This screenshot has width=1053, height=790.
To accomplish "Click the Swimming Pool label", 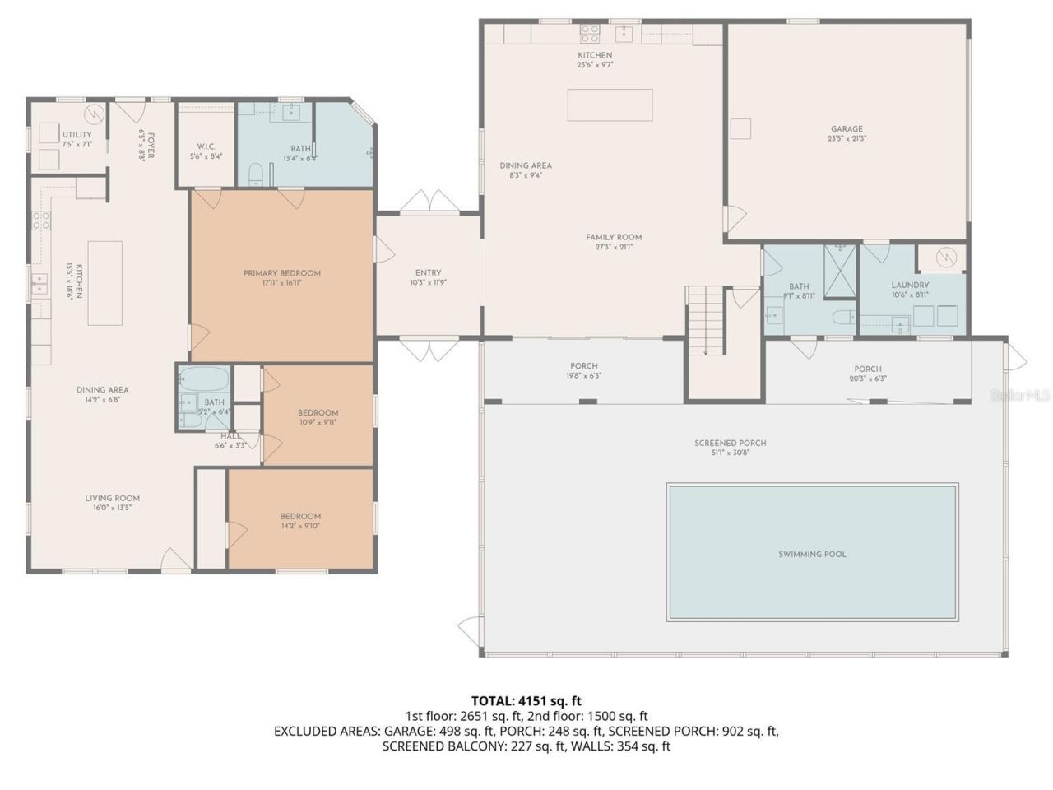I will pos(812,554).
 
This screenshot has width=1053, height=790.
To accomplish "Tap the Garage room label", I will pos(847,128).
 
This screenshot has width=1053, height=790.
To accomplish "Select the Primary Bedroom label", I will pos(281,273).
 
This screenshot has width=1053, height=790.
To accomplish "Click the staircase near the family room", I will pos(705,320).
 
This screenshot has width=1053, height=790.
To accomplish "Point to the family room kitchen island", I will pos(610,105).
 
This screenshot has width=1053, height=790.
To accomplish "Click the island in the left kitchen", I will pos(105,282).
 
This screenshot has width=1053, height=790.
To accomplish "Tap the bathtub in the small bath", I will pos(202,380).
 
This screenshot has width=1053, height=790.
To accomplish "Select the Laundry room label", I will pos(910,286).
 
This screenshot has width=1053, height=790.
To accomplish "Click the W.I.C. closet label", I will pos(206,146).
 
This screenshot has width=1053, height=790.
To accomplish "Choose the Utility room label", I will pos(77,135).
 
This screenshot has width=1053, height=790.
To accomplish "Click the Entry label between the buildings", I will pos(428,273).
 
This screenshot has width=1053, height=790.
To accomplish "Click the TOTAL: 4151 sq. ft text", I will pos(526,701).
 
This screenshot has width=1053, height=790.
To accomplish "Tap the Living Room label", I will pos(112,498).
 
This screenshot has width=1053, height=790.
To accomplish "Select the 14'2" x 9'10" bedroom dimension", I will pos(300,526).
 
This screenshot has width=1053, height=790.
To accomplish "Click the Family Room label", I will pos(614,237).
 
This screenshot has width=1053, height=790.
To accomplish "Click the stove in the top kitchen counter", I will pos(590,33).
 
